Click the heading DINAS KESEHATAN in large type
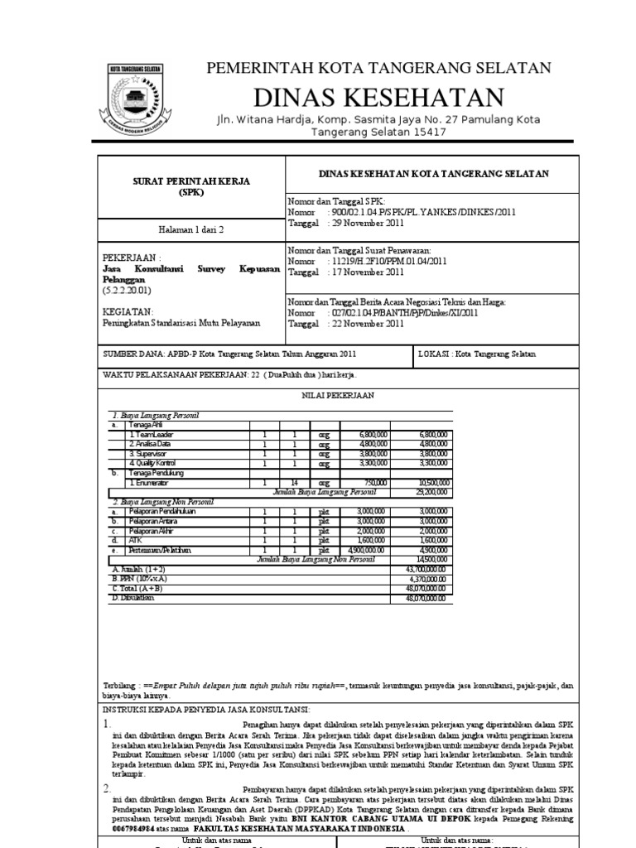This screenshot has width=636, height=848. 378,97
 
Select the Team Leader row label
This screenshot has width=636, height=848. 150,434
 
